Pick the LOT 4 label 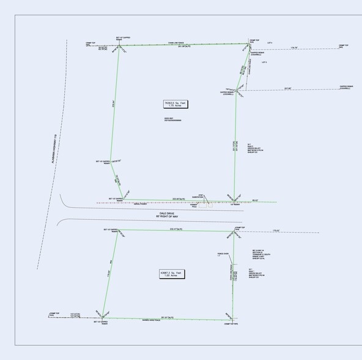[270, 42]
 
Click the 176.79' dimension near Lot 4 [294, 48]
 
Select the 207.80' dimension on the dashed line [287, 89]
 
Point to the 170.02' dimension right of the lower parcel [276, 231]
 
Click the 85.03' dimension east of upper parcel [256, 200]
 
